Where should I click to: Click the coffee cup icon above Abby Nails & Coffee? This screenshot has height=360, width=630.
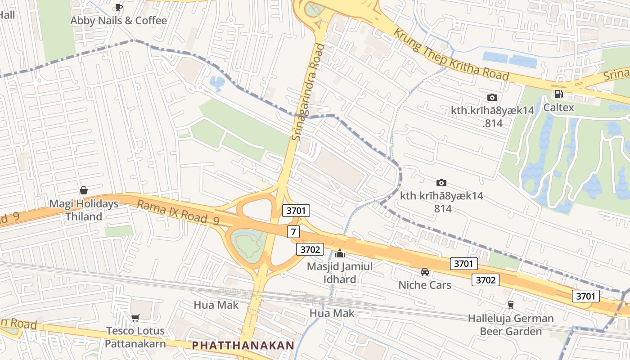(118, 7)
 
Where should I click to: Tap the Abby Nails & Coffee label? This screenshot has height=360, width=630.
(118, 20)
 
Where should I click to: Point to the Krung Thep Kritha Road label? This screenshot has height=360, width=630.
(451, 55)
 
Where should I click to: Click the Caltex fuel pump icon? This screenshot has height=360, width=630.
(558, 94)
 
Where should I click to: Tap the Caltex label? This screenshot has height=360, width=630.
(558, 108)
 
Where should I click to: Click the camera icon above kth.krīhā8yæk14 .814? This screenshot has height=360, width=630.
(492, 97)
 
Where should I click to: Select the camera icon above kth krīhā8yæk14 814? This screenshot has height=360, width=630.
(441, 183)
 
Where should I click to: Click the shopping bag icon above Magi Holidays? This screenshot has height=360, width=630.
(83, 190)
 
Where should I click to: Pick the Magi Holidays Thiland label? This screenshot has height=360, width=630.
(84, 210)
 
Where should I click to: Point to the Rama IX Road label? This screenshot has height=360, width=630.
(177, 213)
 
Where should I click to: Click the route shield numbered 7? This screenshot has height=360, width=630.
(293, 232)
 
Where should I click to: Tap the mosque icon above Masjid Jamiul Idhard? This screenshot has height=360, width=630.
(340, 253)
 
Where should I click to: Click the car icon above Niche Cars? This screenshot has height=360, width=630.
(424, 271)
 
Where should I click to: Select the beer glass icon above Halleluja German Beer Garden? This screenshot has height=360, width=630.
(510, 305)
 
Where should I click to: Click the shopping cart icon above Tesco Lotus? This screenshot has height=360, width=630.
(135, 318)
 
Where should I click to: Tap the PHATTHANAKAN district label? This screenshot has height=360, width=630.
(243, 346)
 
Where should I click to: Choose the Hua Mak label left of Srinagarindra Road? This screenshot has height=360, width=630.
(216, 305)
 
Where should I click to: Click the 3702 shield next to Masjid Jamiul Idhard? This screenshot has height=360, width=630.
(310, 249)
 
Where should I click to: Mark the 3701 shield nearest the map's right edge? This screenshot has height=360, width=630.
(586, 296)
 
